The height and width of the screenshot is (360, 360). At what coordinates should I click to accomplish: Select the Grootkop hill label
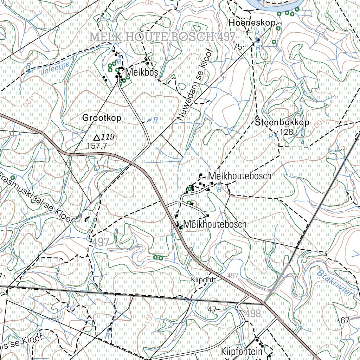pyautogui.click(x=102, y=118)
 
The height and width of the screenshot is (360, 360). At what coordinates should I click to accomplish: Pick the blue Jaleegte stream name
pyautogui.click(x=53, y=67)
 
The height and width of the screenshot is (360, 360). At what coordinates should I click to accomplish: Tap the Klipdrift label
pyautogui.click(x=203, y=280)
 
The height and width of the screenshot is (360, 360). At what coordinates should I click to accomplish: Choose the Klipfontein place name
pyautogui.click(x=242, y=352)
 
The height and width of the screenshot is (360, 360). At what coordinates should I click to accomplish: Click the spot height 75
pyautogui.click(x=238, y=47)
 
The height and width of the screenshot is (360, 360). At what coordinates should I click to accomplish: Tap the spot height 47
pyautogui.click(x=212, y=309)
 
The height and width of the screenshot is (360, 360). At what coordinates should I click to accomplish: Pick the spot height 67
pyautogui.click(x=345, y=320)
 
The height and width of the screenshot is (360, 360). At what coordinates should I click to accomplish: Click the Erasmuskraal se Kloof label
pyautogui.click(x=37, y=198)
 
